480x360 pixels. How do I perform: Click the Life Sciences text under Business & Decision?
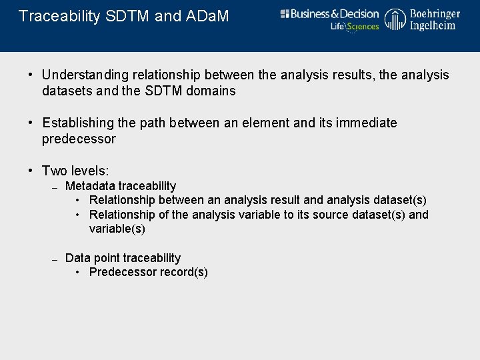(355, 27)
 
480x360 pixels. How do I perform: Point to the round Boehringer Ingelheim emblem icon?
(395, 19)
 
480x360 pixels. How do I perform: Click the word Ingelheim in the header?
(433, 25)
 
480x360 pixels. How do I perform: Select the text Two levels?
(75, 171)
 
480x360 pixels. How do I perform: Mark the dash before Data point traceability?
(56, 259)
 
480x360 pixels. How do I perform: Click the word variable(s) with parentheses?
(117, 229)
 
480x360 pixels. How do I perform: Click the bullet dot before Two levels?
(31, 171)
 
